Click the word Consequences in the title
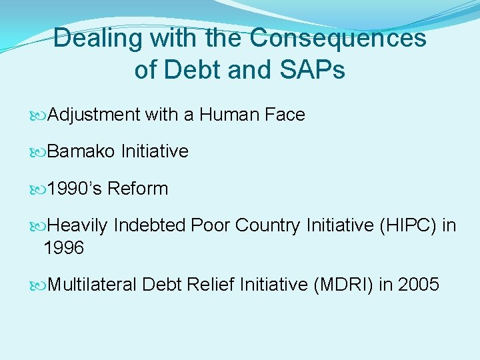click(x=338, y=38)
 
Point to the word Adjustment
click(x=94, y=115)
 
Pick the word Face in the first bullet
click(x=284, y=115)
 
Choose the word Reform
click(x=138, y=189)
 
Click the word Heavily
click(x=77, y=225)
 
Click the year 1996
click(x=63, y=248)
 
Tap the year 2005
click(x=418, y=285)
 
